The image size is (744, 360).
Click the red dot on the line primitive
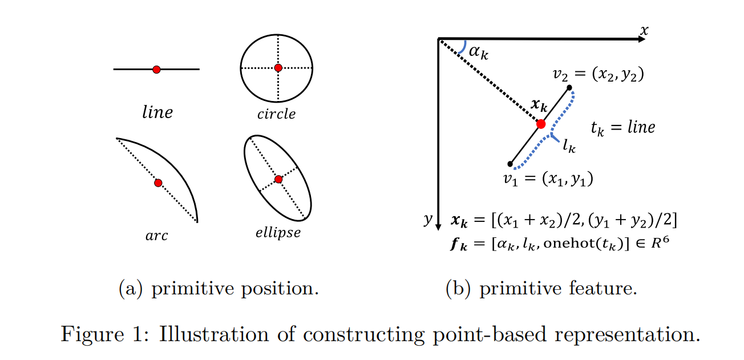coord(156,69)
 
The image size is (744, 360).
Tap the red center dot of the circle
coord(278,68)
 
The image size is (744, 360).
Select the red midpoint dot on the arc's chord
coord(158,183)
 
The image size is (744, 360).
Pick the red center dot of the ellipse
coord(278,179)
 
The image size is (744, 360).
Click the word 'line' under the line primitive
coord(157,112)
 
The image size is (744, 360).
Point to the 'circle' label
coord(276,114)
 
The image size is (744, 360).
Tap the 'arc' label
coord(156,235)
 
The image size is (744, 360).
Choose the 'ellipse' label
coord(278,233)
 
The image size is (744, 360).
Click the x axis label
coord(644,30)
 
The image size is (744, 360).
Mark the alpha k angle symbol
coord(479,52)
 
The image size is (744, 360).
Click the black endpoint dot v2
coord(569,87)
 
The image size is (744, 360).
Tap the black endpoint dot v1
coord(510,164)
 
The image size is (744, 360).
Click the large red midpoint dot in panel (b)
coord(541,124)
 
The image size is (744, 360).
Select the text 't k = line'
coord(622,127)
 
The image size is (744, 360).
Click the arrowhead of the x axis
coord(639,39)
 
